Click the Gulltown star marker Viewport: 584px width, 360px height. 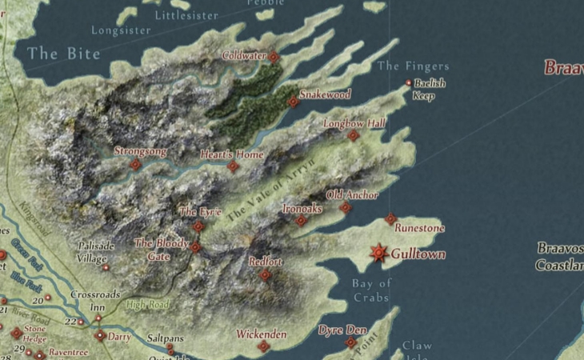pos(379,253)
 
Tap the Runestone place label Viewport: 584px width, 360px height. pos(418,228)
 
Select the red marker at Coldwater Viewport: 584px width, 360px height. pos(274,57)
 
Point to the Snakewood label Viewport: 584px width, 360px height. pos(326,94)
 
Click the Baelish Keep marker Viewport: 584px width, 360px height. pos(409,82)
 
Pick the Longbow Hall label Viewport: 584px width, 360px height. pos(354,123)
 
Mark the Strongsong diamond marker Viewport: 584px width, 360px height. pos(135,164)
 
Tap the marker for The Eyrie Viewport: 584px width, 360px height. pos(198,227)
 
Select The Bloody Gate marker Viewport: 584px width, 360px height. pos(195,247)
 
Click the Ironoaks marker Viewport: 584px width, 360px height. pos(301,220)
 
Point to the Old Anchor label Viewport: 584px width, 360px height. pos(352,194)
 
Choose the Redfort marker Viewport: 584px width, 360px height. pos(266,274)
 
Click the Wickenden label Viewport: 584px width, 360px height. pos(261,334)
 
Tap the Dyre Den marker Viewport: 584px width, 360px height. pos(350,342)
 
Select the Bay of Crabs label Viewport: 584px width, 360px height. pos(372,290)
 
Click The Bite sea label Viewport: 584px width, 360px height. pos(63,54)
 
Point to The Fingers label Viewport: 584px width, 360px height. pos(413,66)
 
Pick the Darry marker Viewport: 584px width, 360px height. pos(100,336)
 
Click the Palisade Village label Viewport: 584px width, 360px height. pos(96,252)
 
